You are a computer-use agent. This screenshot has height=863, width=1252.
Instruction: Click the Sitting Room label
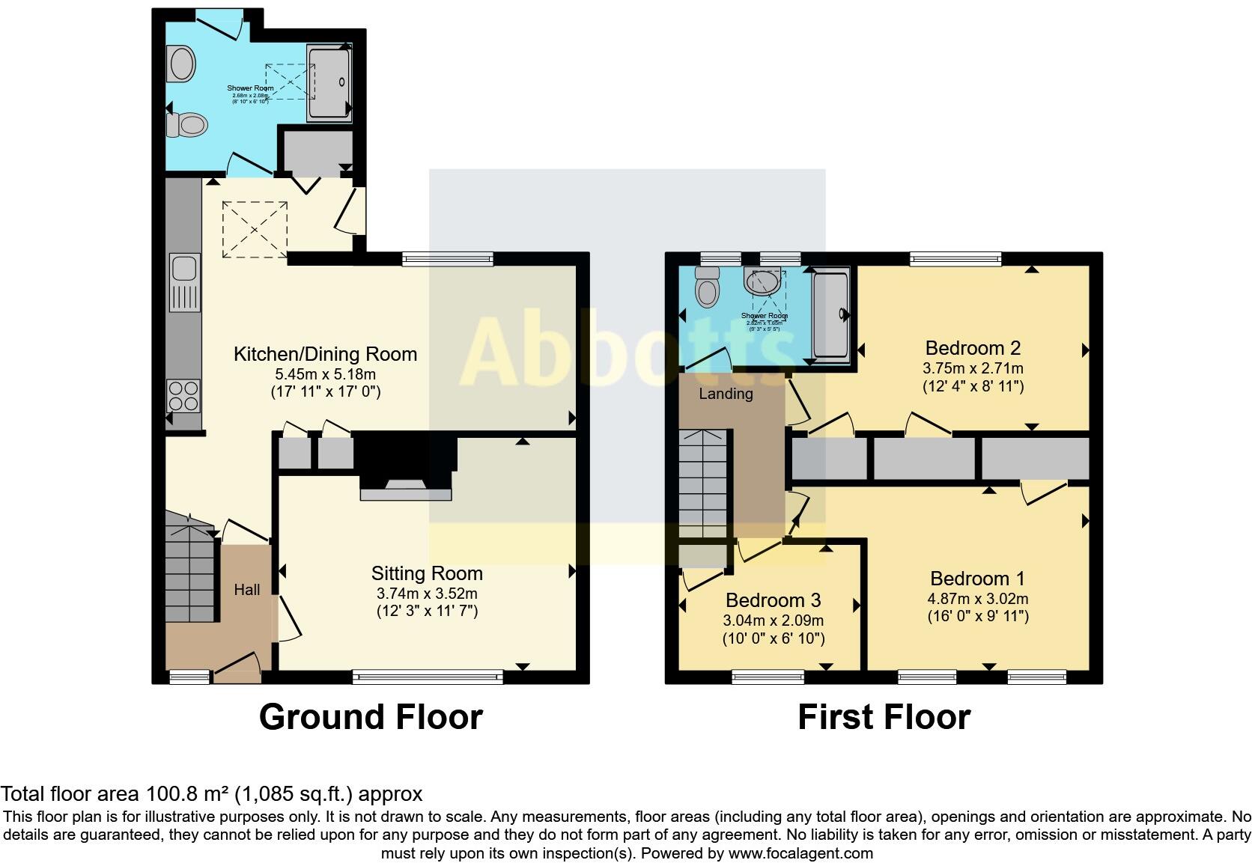tap(427, 573)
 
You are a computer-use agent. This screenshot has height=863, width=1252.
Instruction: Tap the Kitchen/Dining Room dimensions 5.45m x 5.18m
tap(326, 373)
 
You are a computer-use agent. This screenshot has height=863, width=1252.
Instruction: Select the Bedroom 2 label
tap(973, 348)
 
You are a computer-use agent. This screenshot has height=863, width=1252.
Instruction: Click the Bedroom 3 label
tap(773, 600)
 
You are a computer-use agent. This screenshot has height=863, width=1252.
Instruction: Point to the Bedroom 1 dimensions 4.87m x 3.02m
tap(977, 599)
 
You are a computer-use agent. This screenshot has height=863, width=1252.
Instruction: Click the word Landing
tap(726, 394)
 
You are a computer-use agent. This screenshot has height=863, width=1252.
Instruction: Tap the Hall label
tap(246, 590)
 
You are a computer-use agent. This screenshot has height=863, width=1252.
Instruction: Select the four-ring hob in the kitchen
tap(183, 395)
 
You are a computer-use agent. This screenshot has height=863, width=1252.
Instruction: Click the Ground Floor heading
tap(371, 717)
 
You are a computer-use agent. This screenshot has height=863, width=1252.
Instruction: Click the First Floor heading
tap(884, 717)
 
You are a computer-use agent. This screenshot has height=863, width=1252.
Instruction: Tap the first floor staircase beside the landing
tap(703, 483)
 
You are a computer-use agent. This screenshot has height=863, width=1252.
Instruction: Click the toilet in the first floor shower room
tap(706, 287)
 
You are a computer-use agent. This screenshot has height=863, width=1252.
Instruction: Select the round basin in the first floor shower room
tap(762, 282)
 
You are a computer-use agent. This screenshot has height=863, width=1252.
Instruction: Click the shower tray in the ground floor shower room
tap(329, 82)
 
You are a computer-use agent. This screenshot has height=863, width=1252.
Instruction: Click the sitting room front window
tap(428, 677)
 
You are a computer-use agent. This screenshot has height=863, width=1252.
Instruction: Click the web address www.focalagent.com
tap(800, 853)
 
